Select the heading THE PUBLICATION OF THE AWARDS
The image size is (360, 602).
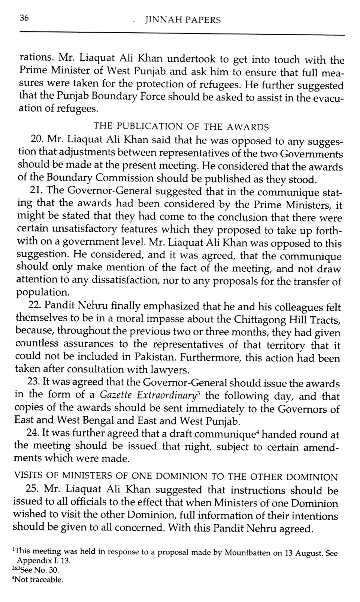181,127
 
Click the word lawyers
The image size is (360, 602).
170,370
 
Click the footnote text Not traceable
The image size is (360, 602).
39,579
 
